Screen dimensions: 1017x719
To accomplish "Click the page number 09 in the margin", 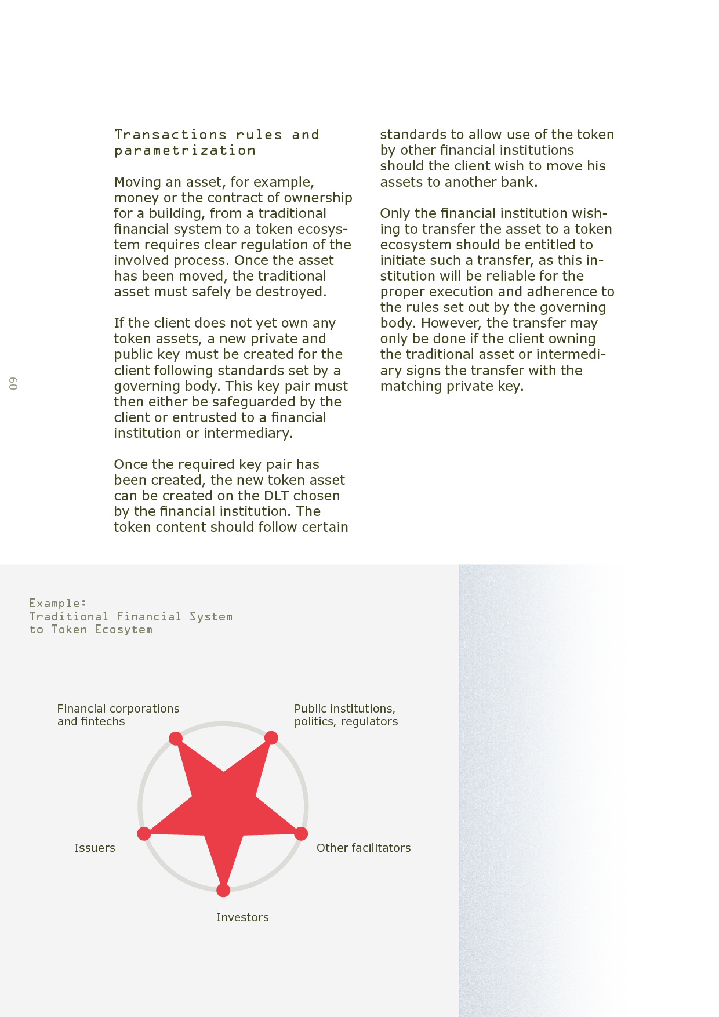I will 13,383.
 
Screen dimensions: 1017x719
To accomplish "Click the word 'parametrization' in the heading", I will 185,151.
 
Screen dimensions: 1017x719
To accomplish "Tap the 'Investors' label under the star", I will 242,917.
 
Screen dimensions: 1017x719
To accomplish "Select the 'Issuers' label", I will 95,848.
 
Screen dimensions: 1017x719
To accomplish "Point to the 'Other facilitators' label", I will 364,848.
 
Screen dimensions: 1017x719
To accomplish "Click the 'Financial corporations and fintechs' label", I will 118,715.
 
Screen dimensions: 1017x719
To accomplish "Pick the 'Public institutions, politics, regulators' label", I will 346,715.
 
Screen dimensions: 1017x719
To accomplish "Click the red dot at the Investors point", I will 223,890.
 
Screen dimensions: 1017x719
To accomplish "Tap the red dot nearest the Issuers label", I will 144,834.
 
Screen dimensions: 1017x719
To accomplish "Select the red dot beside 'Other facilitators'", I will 301,834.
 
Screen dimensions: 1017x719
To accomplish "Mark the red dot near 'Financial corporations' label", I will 176,738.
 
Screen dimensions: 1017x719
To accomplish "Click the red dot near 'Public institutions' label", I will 271,738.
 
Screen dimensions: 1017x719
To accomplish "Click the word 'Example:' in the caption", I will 58,603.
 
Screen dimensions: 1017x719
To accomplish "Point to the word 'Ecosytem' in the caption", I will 124,630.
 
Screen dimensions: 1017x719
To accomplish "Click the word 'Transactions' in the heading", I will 170,135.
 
